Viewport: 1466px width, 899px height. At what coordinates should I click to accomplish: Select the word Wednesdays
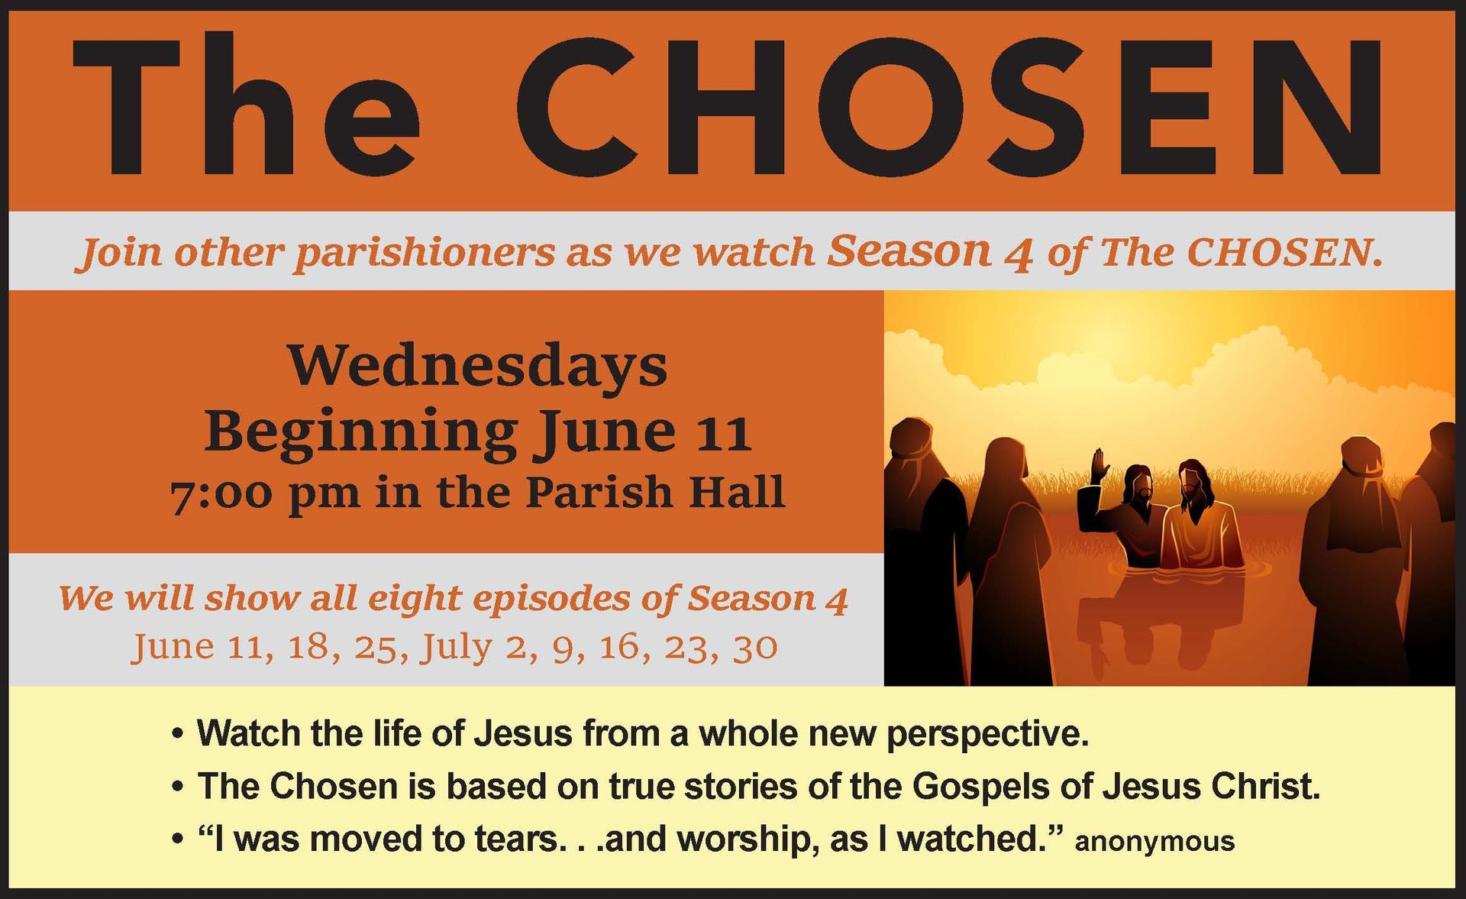tap(477, 367)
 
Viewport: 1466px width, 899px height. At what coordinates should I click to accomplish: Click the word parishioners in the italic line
tap(424, 253)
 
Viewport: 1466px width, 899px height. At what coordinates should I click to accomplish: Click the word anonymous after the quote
tap(1154, 842)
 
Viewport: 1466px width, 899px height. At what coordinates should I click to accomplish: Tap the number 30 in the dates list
tap(754, 648)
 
